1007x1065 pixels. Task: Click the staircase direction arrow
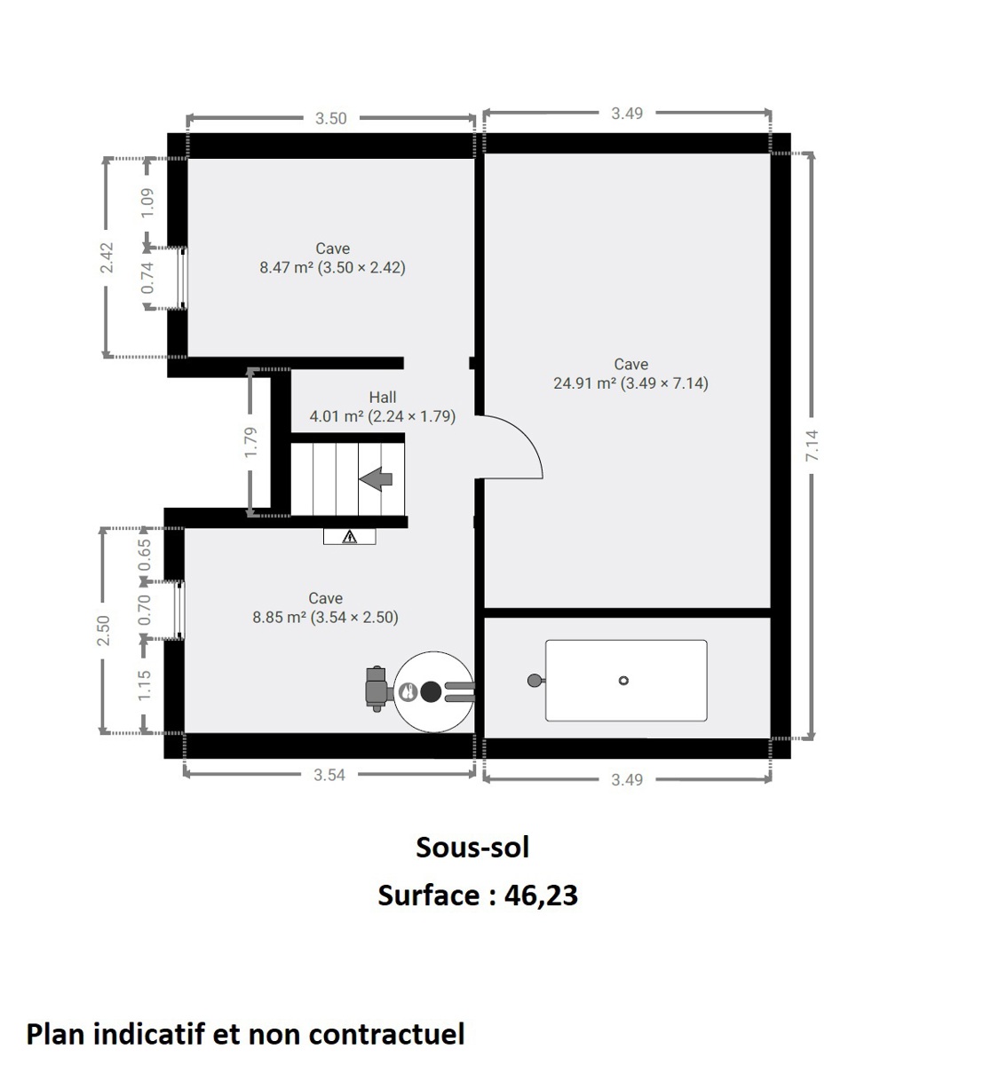click(376, 479)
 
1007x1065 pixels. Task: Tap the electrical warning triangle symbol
click(350, 536)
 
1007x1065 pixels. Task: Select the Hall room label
click(382, 398)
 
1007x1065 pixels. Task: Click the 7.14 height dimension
click(812, 446)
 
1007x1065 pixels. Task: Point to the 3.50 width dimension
click(330, 119)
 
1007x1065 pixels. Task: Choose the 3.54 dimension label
click(329, 775)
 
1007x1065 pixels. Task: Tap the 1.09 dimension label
click(147, 202)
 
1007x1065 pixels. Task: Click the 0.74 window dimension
click(147, 277)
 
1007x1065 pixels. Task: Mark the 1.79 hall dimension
click(250, 442)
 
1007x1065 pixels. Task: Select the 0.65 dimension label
click(145, 555)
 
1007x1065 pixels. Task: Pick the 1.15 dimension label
click(145, 685)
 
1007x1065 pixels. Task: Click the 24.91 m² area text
click(584, 383)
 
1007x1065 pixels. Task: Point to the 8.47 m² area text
click(287, 267)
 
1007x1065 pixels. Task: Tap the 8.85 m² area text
click(280, 617)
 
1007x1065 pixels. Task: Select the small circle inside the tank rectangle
click(623, 681)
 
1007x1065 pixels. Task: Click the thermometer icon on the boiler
click(408, 691)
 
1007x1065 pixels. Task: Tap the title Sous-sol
click(472, 848)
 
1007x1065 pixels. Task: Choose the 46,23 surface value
click(541, 895)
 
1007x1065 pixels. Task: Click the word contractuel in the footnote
click(386, 1034)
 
